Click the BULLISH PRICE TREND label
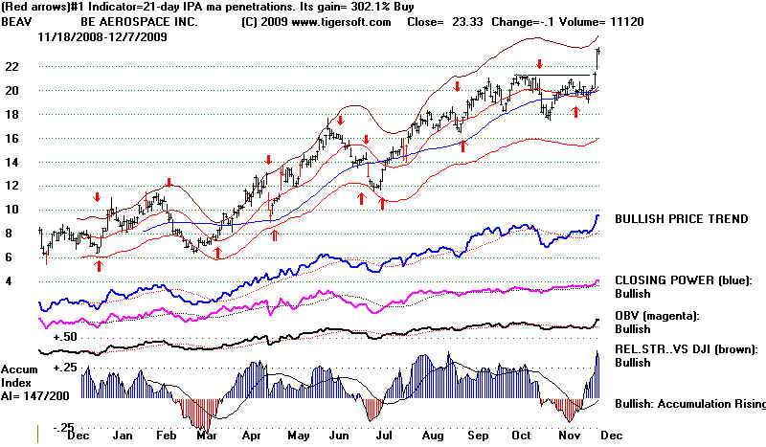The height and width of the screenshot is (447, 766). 682,219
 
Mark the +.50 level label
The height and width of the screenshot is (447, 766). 65,337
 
